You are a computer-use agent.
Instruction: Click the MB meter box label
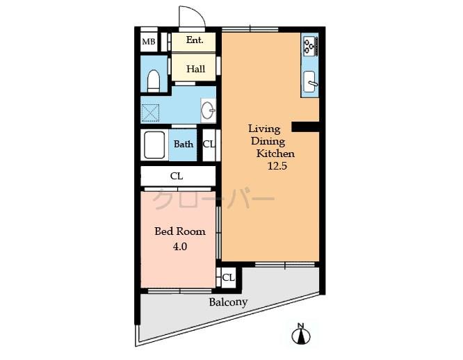coord(149,42)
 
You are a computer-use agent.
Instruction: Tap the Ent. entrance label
coord(195,40)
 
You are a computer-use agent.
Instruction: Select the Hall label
coord(195,69)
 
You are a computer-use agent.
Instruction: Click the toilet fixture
coord(153,80)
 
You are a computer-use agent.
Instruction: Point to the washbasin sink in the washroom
coord(208,111)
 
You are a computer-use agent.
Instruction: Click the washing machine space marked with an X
coord(150,113)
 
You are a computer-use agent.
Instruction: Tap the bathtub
coord(154,145)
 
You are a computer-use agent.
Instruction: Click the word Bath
coord(184,144)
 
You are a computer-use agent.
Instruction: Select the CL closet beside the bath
coord(209,145)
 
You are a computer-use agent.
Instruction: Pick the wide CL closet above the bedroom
coord(178,176)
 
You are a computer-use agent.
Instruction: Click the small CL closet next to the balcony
coord(228,278)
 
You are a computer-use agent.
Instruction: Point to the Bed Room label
coord(180,231)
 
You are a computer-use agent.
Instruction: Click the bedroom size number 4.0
coord(180,246)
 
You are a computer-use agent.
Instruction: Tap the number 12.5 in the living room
coord(277,166)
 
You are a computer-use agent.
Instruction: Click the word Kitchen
coord(275,154)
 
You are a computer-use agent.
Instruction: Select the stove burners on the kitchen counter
coord(309,46)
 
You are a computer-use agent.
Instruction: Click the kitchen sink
coord(310,82)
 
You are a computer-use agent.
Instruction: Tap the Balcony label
coord(228,302)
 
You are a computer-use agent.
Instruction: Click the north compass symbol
coord(301,334)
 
